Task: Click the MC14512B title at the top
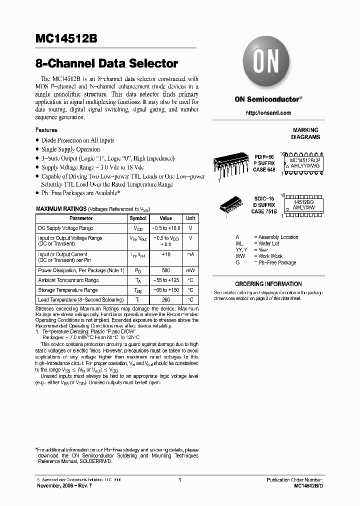coord(67,40)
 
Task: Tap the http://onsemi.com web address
coord(268,113)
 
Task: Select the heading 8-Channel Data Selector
coord(106,64)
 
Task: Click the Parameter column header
coord(81,218)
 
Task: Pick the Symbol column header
coord(138,218)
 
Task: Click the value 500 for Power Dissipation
coord(165,270)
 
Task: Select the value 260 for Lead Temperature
coord(165,300)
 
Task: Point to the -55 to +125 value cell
coord(165,280)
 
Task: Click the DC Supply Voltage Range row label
coord(65,228)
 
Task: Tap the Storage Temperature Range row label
coord(68,290)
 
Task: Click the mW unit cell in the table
coord(190,270)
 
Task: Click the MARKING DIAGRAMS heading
coord(305,133)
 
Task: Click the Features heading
coord(46,130)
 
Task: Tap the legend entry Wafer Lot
coord(269,243)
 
